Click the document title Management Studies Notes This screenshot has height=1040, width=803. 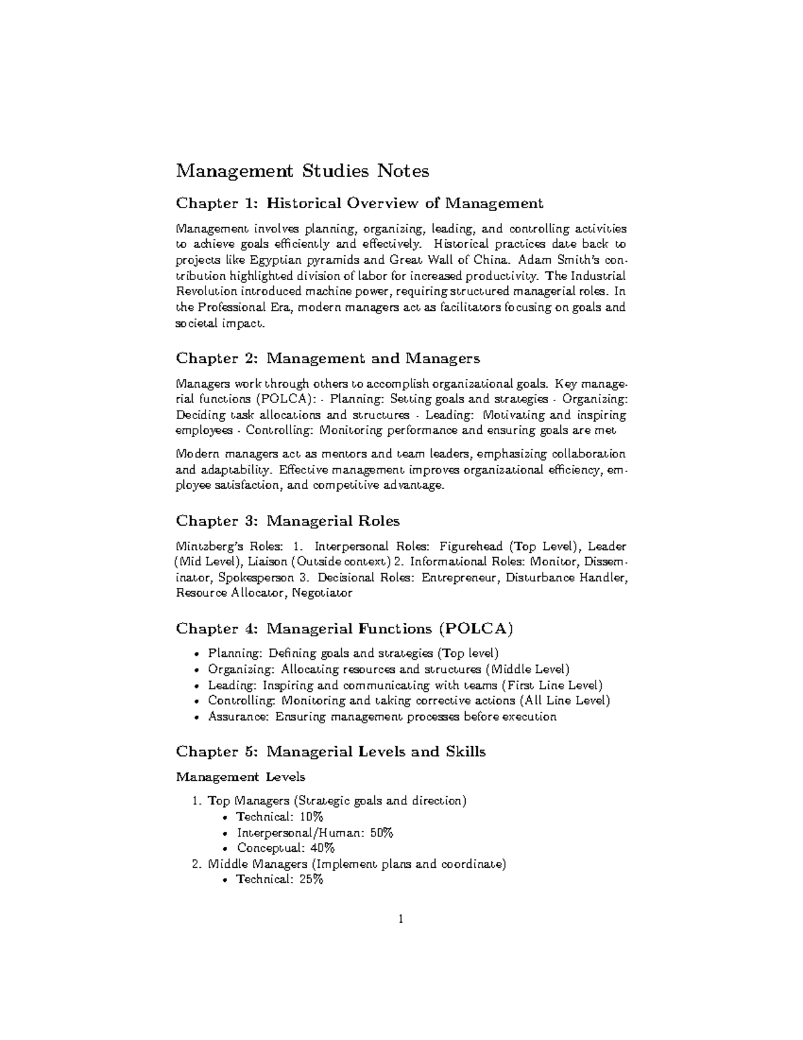click(x=302, y=171)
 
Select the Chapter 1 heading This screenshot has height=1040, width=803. click(x=359, y=203)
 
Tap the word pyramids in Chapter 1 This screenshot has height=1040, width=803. click(x=328, y=260)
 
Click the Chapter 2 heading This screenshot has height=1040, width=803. click(x=327, y=358)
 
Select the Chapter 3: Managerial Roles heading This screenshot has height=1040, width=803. click(x=287, y=521)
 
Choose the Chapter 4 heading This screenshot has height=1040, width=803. click(x=344, y=629)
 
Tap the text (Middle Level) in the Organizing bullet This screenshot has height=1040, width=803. click(x=528, y=669)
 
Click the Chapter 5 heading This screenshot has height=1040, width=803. click(x=330, y=751)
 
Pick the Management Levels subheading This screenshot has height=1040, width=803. click(x=240, y=777)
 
